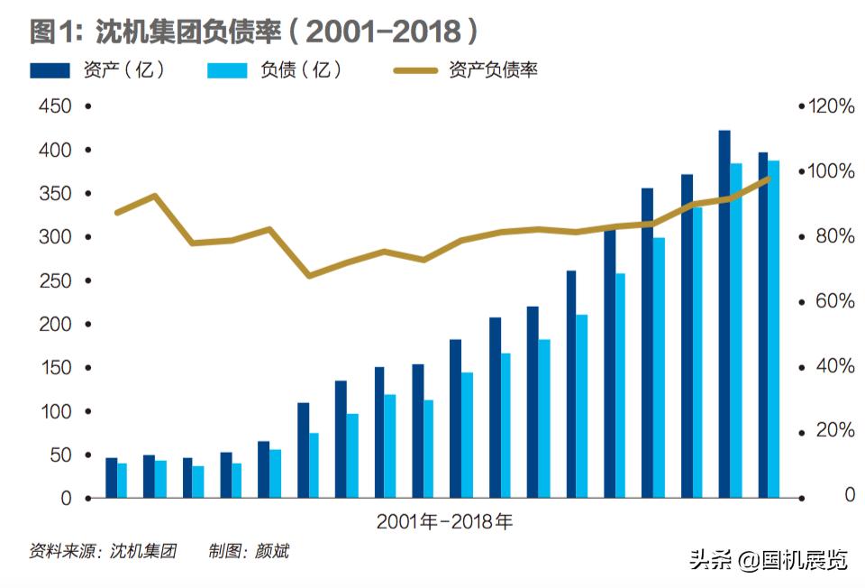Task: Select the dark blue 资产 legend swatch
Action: coord(50,69)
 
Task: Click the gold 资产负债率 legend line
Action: coord(416,69)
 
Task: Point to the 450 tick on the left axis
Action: coord(54,106)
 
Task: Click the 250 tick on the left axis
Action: coord(54,280)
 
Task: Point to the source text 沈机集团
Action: coord(143,550)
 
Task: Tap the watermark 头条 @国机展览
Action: coord(769,561)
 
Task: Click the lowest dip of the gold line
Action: coord(309,275)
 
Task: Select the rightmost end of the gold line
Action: coord(769,179)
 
